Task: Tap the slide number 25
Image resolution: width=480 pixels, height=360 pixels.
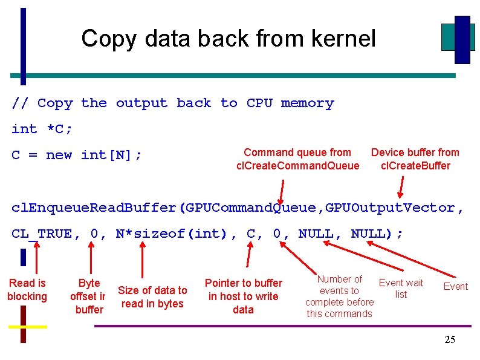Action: click(450, 340)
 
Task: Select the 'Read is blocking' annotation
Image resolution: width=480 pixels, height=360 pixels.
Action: click(27, 290)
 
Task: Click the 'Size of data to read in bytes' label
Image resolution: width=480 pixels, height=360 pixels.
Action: click(152, 297)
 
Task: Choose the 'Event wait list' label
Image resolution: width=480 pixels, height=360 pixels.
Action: click(401, 289)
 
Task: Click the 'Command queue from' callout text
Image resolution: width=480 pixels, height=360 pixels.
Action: click(297, 152)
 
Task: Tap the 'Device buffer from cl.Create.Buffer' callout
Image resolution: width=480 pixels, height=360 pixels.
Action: click(415, 159)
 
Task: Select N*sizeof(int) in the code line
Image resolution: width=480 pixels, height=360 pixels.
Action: click(171, 234)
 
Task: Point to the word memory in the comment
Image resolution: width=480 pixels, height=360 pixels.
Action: click(307, 103)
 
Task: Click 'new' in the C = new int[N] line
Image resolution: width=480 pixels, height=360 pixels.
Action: click(59, 155)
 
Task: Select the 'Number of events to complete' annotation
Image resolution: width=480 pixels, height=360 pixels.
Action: click(339, 296)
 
